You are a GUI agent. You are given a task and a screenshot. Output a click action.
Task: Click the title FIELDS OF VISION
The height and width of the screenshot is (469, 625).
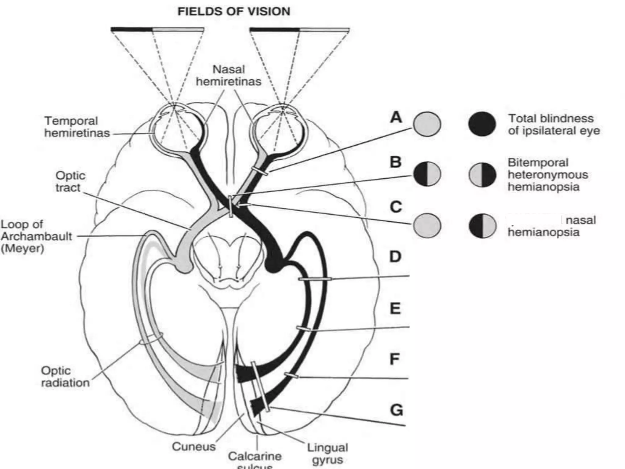(x=234, y=12)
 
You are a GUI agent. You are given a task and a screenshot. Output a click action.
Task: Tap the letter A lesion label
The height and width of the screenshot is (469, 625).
(x=396, y=117)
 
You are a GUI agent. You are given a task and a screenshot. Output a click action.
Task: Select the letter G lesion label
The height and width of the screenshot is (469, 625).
(x=396, y=410)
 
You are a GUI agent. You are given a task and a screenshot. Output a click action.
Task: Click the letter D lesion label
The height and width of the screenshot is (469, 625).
(x=396, y=257)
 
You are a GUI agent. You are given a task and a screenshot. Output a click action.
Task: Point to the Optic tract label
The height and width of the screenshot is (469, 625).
(x=70, y=181)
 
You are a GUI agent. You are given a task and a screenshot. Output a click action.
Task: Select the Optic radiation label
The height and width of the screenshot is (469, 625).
(x=65, y=376)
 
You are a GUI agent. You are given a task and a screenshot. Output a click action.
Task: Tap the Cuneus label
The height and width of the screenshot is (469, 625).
(x=193, y=446)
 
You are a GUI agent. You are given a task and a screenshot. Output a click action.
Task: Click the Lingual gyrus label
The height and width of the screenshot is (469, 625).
(x=327, y=453)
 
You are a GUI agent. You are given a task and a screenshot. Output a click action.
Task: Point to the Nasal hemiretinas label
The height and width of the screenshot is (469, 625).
(x=229, y=75)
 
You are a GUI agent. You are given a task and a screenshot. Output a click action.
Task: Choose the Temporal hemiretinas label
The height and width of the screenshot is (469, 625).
(x=77, y=127)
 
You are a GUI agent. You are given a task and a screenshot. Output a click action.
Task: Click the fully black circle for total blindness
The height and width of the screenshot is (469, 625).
(x=482, y=124)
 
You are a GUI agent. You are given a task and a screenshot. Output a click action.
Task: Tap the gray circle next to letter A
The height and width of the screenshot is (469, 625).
(x=427, y=124)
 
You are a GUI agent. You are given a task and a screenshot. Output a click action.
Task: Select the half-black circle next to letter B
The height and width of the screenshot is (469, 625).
(x=427, y=174)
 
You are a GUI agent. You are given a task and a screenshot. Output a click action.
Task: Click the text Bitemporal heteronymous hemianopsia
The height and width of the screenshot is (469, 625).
(x=547, y=175)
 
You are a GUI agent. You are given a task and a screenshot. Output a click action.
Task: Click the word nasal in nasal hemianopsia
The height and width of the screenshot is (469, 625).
(x=580, y=220)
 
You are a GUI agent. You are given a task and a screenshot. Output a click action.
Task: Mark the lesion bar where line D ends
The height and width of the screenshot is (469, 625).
(x=315, y=279)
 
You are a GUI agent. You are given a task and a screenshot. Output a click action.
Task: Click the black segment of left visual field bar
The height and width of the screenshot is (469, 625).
(x=132, y=30)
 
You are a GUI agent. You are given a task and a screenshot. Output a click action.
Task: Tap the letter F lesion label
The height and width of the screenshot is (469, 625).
(x=395, y=359)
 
